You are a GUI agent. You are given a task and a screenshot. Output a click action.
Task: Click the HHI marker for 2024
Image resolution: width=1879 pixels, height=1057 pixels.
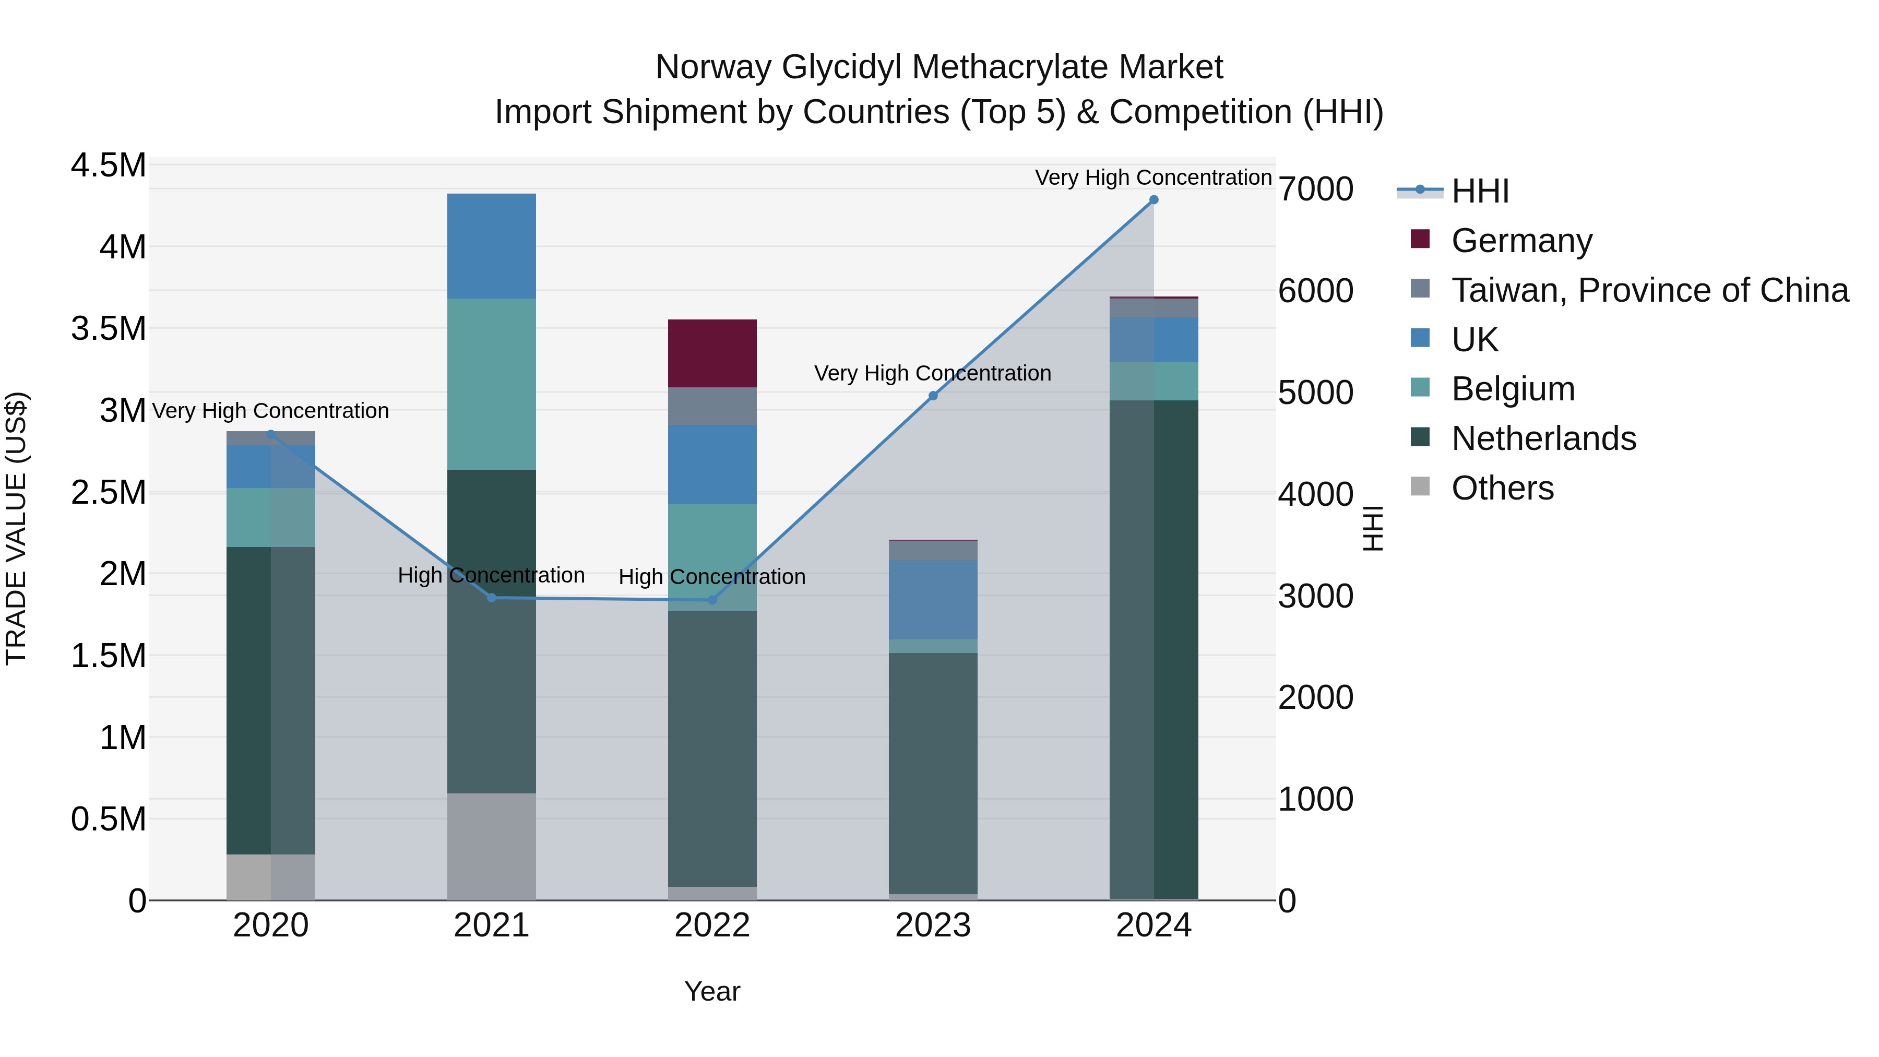pos(1153,200)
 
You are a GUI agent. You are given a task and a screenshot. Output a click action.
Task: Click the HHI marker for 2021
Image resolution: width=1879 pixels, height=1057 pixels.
pos(492,598)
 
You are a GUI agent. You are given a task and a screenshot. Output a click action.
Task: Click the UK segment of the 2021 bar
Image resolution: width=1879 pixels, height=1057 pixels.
pos(492,246)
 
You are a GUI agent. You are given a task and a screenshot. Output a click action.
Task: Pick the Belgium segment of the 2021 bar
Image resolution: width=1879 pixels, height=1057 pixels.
pos(492,384)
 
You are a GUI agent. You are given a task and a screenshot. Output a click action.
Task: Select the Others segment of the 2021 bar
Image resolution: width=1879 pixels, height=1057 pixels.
pos(492,846)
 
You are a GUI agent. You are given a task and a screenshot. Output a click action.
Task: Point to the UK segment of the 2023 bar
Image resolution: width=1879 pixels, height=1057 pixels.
pos(933,600)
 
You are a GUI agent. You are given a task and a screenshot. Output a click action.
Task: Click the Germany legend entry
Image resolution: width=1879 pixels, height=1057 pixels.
pos(1521,241)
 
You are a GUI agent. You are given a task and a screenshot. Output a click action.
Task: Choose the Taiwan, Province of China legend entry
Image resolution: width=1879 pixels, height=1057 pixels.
pos(1648,290)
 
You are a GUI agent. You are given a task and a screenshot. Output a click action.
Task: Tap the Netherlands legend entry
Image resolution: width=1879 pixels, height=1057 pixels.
pos(1543,438)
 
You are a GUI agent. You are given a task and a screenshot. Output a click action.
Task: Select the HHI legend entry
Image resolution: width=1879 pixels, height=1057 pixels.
pos(1479,191)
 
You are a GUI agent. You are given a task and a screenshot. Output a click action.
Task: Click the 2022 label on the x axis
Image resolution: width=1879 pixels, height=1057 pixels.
pos(712,925)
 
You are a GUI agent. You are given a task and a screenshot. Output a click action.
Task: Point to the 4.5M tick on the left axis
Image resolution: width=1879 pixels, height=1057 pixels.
pos(109,165)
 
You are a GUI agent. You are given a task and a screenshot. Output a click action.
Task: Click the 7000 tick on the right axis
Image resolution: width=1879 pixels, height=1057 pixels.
pos(1315,189)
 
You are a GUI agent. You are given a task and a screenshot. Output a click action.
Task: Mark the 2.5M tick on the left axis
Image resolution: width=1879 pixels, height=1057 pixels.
pos(109,492)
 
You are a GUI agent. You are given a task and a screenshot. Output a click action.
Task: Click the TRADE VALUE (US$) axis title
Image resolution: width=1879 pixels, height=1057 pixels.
pos(16,528)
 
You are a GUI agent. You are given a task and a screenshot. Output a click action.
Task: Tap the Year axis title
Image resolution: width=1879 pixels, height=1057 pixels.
pos(712,991)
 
